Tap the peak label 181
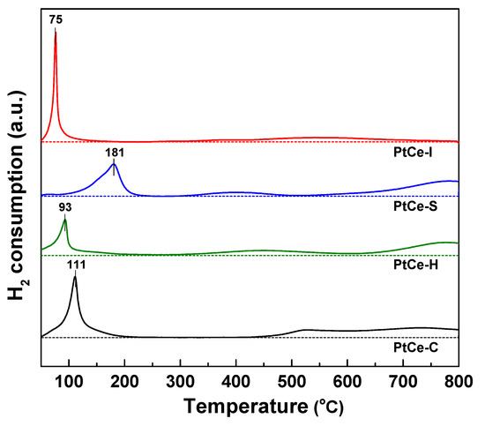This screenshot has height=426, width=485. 114,150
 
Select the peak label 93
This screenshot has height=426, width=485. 64,207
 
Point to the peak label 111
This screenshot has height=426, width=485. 76,264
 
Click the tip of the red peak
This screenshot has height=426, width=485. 56,31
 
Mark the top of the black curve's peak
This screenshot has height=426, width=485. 75,277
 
